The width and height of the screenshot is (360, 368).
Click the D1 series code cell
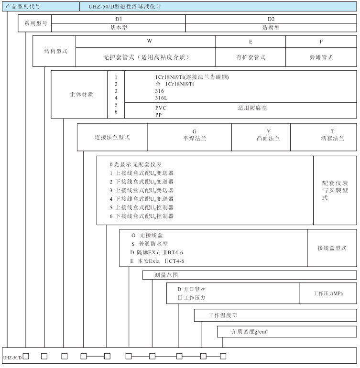click(x=119, y=19)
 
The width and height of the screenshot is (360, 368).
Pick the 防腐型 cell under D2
click(x=271, y=28)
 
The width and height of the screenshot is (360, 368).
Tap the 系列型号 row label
click(x=35, y=23)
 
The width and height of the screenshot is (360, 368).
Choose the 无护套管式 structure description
click(x=146, y=57)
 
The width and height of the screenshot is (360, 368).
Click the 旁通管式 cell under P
click(x=321, y=57)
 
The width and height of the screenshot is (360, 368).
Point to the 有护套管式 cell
click(x=251, y=57)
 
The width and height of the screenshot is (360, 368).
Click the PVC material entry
click(x=161, y=108)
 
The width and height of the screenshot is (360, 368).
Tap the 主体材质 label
click(x=79, y=94)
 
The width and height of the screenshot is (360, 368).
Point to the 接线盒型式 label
click(x=332, y=248)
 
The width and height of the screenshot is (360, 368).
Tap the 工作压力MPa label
click(x=328, y=293)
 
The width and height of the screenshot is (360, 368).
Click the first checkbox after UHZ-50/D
click(x=26, y=356)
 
